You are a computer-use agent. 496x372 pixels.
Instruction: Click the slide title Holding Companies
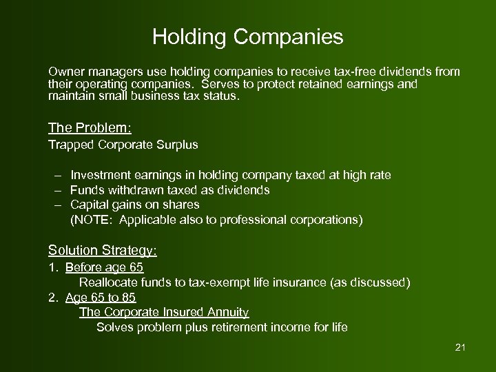click(x=247, y=37)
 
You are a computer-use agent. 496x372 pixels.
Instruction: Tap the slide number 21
click(x=461, y=347)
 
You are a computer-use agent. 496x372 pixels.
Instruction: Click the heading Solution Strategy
click(x=102, y=250)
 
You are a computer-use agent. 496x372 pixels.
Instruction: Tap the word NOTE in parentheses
click(x=91, y=220)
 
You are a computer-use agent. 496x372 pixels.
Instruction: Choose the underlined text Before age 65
click(x=104, y=267)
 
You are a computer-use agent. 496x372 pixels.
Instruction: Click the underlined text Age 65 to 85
click(x=101, y=298)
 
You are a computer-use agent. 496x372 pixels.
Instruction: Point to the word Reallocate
click(x=109, y=282)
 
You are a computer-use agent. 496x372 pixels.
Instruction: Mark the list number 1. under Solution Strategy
click(x=52, y=267)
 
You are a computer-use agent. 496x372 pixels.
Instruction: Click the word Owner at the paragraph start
click(x=64, y=72)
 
